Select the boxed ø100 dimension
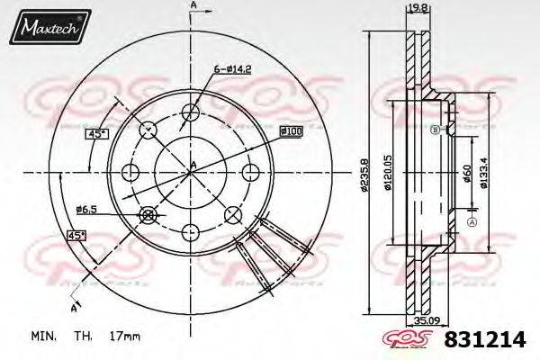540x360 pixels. click(x=290, y=130)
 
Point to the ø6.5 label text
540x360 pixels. click(x=87, y=210)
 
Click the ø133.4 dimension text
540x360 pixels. click(x=491, y=170)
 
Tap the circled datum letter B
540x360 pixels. click(x=435, y=130)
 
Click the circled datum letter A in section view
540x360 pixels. click(x=471, y=221)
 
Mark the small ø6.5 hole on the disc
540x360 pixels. click(x=148, y=213)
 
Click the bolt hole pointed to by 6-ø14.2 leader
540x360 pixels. click(x=191, y=112)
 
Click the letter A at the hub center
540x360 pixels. click(x=193, y=164)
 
